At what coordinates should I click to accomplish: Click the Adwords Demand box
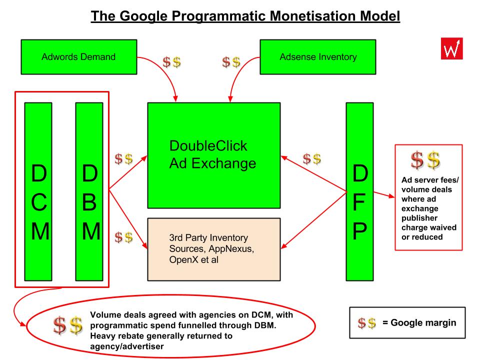[79, 57]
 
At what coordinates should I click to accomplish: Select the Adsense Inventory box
[318, 57]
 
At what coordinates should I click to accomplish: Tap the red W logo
[452, 48]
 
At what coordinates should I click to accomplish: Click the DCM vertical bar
[38, 191]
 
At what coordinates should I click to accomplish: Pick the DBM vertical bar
[89, 191]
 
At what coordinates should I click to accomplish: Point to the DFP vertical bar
[359, 191]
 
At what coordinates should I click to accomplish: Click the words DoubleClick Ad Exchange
[213, 154]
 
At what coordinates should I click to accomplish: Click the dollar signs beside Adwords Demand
[171, 62]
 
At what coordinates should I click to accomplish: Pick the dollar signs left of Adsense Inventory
[231, 62]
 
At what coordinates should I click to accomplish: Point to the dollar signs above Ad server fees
[425, 160]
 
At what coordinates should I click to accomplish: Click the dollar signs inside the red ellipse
[68, 325]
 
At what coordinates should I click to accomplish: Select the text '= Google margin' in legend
[419, 322]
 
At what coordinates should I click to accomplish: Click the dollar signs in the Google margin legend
[366, 323]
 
